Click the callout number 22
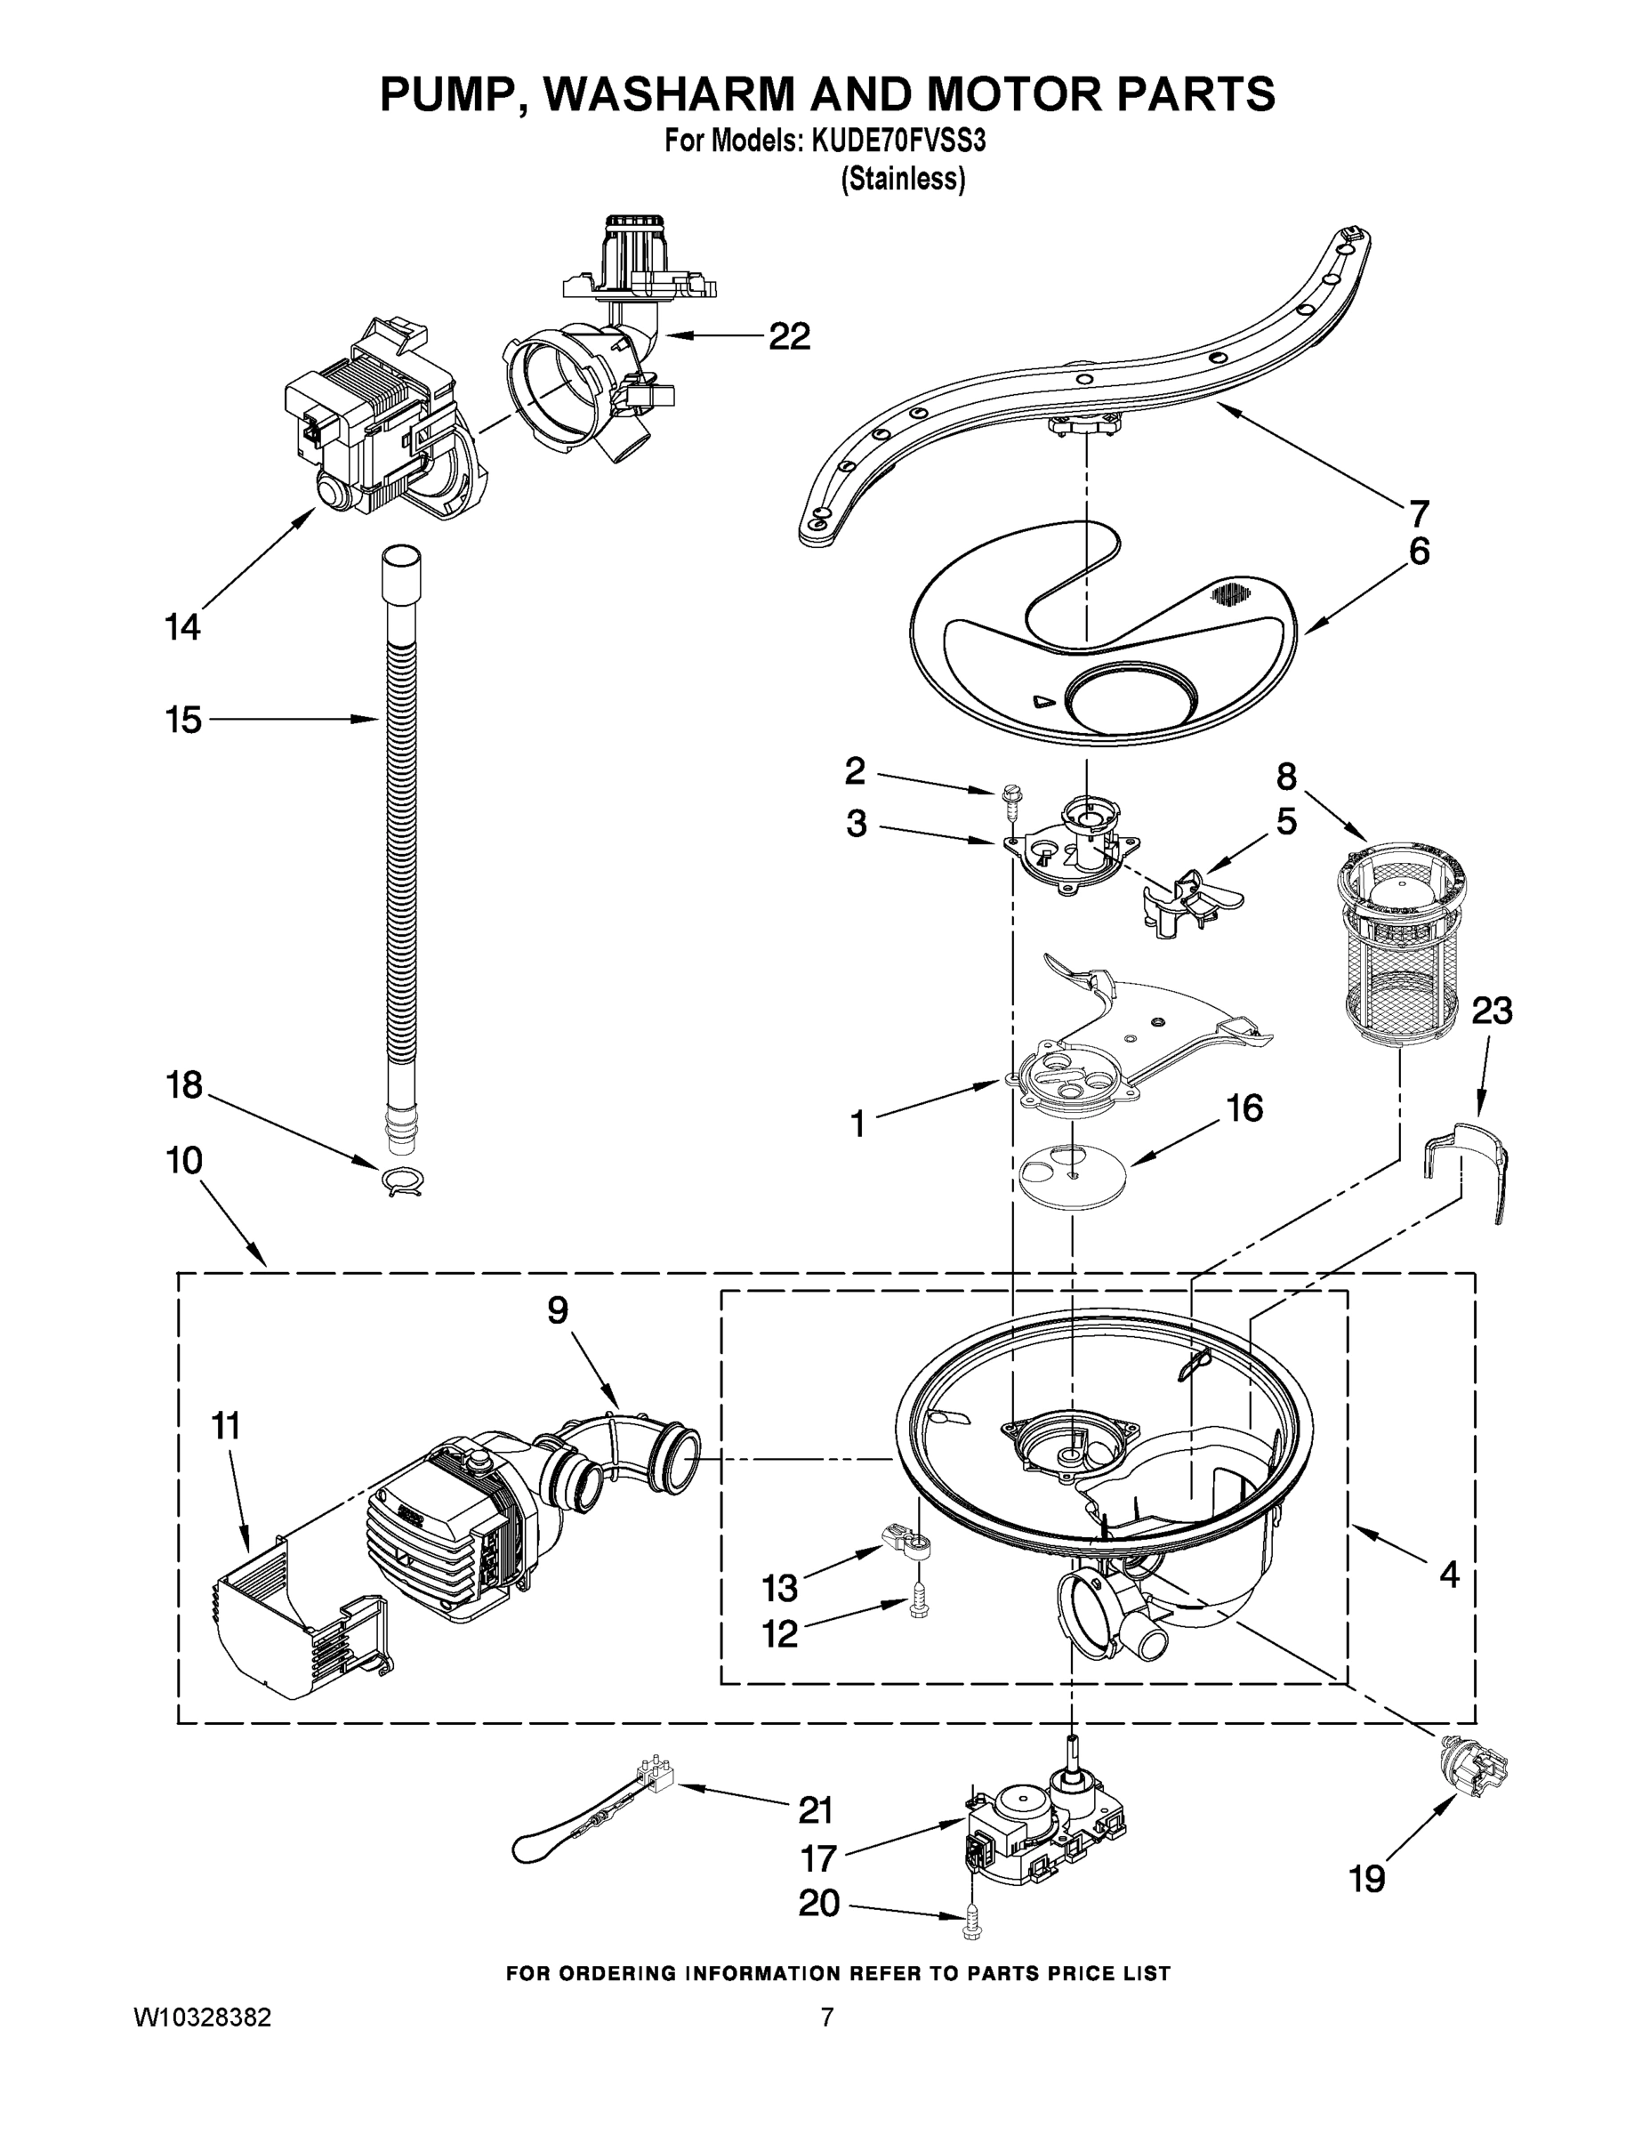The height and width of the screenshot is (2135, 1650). click(789, 336)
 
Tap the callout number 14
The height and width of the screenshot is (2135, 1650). click(183, 626)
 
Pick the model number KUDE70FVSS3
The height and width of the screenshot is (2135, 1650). click(897, 141)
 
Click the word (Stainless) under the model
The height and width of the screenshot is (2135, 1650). click(903, 179)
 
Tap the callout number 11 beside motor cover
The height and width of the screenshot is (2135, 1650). click(225, 1426)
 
